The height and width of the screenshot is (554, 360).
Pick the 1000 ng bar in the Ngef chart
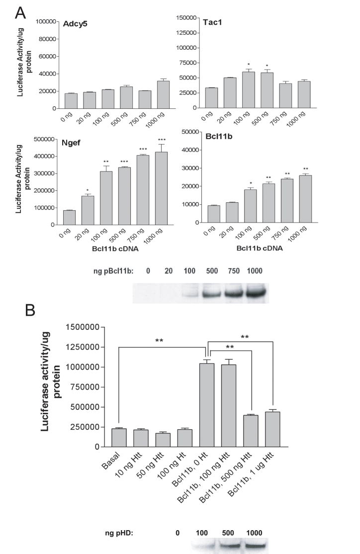pos(161,188)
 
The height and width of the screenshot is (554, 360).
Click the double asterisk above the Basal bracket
pos(159,341)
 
